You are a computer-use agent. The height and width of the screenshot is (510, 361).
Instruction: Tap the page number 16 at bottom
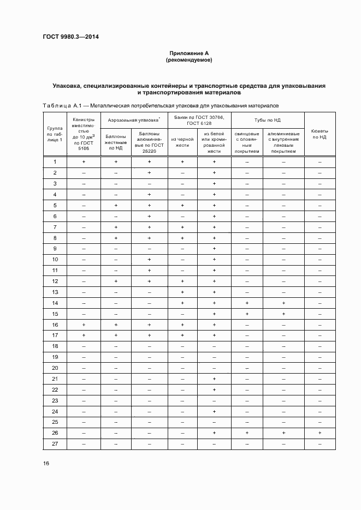[45, 463]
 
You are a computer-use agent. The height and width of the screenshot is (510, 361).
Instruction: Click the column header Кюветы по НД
[319, 134]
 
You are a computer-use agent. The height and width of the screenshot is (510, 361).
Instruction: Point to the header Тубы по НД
[267, 120]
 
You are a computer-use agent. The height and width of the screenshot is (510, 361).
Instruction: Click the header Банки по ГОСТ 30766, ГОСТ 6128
[198, 120]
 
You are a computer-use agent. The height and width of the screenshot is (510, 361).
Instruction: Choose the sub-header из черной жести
[182, 142]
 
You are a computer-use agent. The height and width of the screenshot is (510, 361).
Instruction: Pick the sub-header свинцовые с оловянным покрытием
[247, 142]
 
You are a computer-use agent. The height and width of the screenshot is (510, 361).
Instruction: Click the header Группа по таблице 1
[55, 134]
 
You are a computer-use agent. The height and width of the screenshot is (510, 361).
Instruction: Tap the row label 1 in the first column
[55, 162]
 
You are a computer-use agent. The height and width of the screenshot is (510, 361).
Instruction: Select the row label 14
[55, 303]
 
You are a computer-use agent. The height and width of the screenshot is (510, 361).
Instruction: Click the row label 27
[55, 443]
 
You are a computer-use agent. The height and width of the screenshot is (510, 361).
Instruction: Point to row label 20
[55, 368]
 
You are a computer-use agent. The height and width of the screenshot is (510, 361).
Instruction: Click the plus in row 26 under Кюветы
[319, 433]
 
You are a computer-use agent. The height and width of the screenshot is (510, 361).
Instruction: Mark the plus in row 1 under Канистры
[84, 162]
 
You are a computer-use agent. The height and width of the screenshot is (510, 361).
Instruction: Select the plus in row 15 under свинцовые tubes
[247, 314]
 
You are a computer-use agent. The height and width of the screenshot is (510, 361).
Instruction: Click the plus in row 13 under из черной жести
[182, 292]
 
